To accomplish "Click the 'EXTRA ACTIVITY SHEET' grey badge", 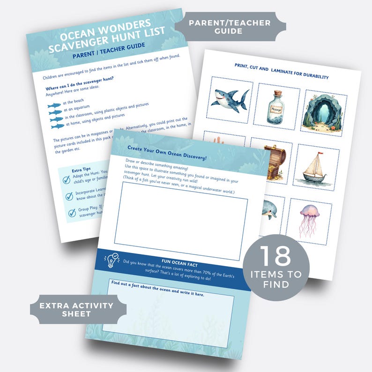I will coord(76,309).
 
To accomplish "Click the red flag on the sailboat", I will coord(320,153).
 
